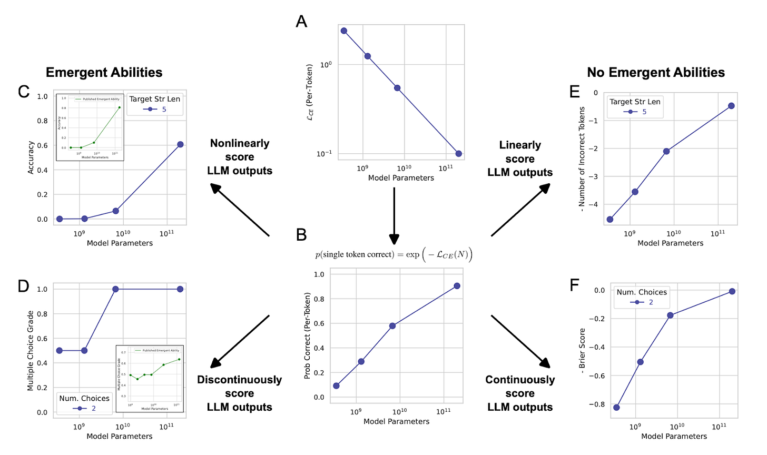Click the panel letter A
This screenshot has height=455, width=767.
tap(301, 22)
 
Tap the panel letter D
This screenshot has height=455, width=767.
tap(23, 286)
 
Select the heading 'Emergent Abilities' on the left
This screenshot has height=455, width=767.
tap(104, 72)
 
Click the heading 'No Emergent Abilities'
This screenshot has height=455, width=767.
tap(656, 72)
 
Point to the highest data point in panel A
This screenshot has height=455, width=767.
tap(344, 31)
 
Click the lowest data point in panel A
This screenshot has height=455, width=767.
tap(458, 154)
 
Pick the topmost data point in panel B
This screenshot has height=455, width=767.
tap(457, 286)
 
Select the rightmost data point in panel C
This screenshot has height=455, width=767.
tap(180, 144)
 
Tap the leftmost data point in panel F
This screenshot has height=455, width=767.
tap(616, 407)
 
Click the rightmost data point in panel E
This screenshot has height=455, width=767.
tap(731, 106)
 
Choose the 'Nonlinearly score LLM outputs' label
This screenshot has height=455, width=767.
tap(240, 157)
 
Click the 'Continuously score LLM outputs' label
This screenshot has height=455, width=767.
tap(520, 393)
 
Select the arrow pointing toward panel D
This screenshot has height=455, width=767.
tap(240, 341)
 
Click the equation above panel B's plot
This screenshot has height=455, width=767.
tap(394, 255)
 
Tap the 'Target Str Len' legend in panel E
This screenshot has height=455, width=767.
tap(635, 106)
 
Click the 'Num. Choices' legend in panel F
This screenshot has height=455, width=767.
tap(642, 297)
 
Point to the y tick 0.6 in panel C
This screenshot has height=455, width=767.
tap(42, 145)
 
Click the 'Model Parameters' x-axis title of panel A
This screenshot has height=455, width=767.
tap(401, 178)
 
